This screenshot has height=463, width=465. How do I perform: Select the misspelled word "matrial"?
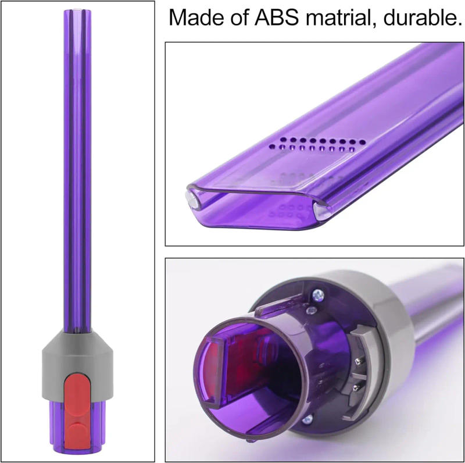337,18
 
